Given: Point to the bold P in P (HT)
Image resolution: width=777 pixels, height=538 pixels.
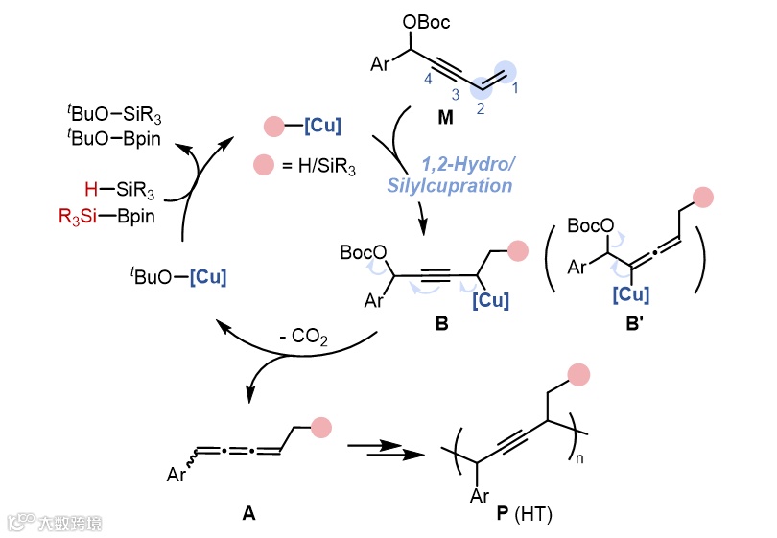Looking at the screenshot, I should tap(503, 515).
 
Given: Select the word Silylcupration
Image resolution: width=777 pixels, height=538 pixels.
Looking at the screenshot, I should tap(449, 185).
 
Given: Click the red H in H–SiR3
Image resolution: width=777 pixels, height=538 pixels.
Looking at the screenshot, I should tap(89, 183).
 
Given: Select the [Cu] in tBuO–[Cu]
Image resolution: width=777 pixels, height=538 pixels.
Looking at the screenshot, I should tap(210, 274).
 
